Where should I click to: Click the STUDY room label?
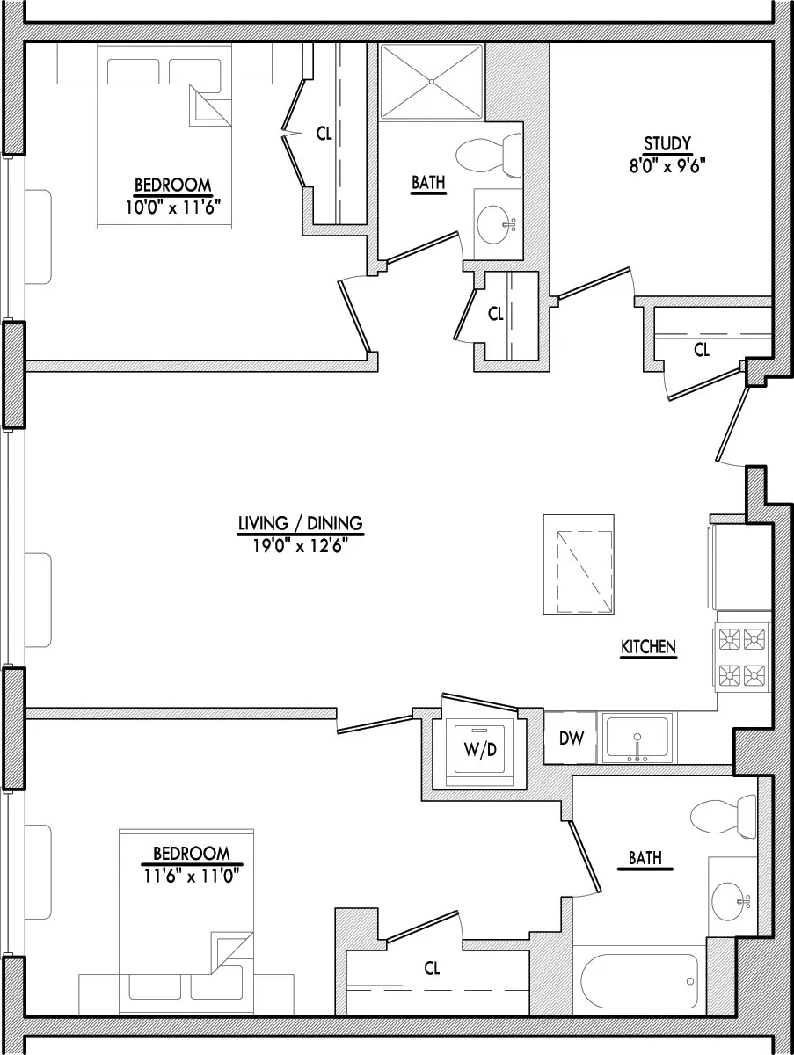[667, 143]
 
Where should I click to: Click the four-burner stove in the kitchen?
[741, 656]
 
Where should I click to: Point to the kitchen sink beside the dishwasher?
[637, 738]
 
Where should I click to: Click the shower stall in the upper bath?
[431, 82]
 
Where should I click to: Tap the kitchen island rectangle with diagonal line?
[579, 564]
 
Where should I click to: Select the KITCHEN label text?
[648, 647]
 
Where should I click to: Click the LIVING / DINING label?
[300, 524]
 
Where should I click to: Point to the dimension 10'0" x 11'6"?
[172, 203]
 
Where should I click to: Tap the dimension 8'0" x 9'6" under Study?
[667, 162]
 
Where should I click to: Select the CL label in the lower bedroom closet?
[432, 969]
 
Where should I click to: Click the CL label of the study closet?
[701, 350]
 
